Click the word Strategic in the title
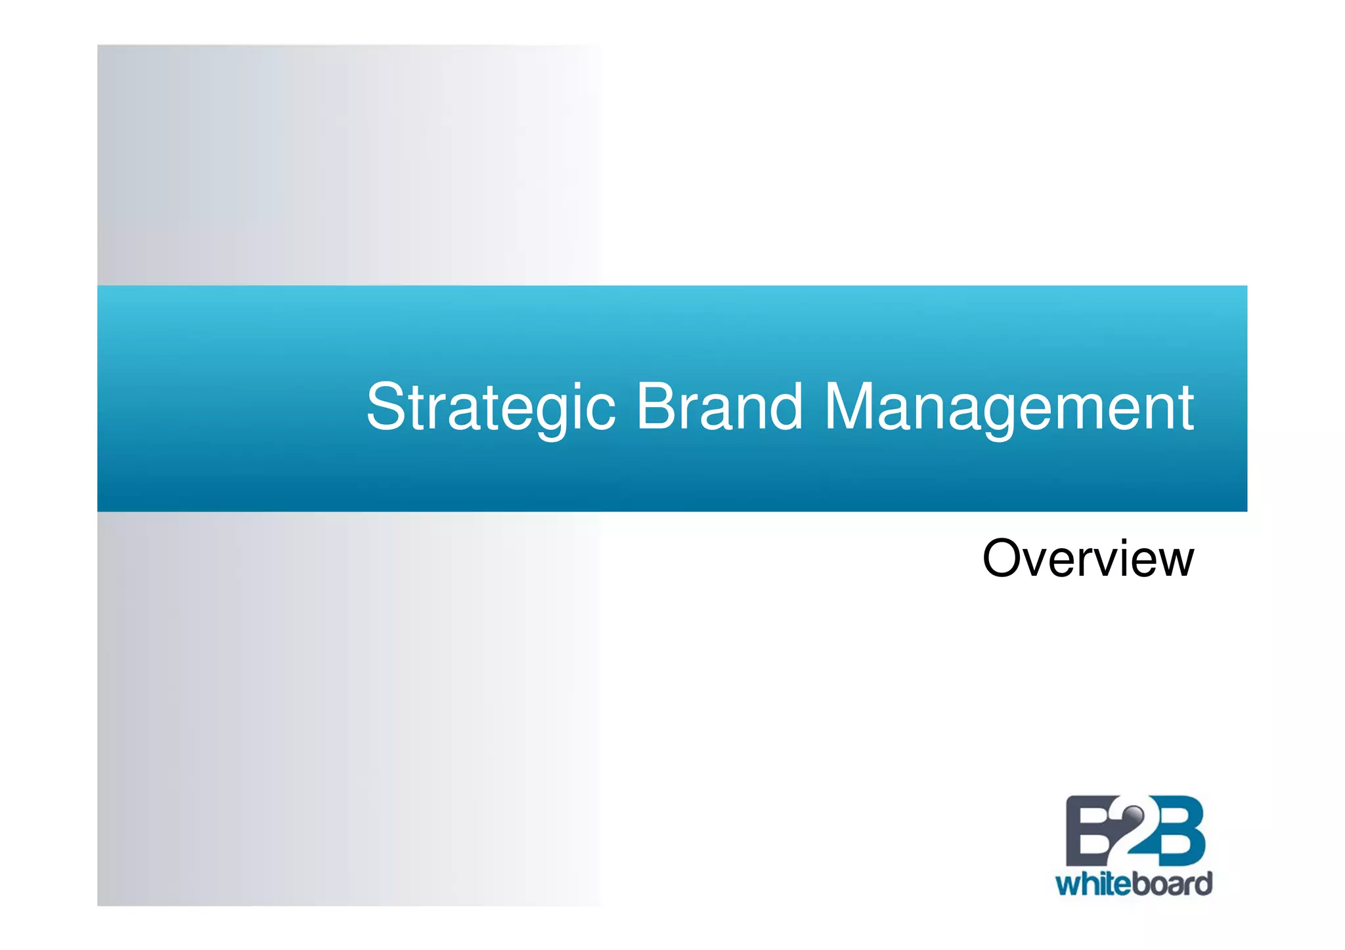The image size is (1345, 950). [x=491, y=408]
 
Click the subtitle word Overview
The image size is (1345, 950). [x=1088, y=559]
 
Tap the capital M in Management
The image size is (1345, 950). [x=850, y=407]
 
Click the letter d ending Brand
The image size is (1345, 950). [x=785, y=407]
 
